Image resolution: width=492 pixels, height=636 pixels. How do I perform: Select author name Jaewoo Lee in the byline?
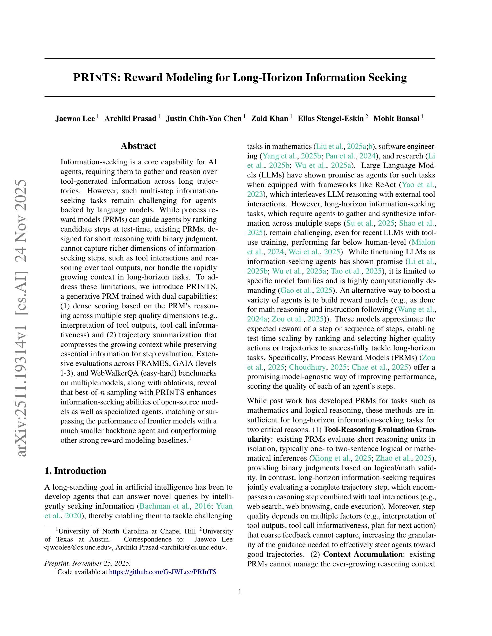[x=75, y=119]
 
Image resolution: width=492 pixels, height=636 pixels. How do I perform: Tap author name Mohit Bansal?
[x=396, y=119]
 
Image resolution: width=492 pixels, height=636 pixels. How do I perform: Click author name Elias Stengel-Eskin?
[x=330, y=119]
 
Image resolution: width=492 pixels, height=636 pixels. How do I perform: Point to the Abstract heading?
[x=139, y=146]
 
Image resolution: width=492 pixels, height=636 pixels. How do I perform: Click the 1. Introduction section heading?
[x=75, y=471]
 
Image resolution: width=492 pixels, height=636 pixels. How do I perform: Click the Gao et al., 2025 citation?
[x=306, y=290]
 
